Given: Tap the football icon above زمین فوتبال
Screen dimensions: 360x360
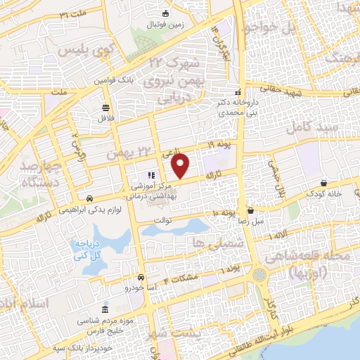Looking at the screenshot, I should pyautogui.click(x=166, y=13).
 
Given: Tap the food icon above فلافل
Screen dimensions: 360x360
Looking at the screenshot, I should pyautogui.click(x=105, y=108).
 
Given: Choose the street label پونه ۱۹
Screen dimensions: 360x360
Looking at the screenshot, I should pyautogui.click(x=219, y=145).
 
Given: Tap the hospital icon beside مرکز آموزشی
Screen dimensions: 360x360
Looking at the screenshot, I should pyautogui.click(x=150, y=175).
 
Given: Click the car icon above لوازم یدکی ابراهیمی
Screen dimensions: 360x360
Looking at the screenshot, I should pyautogui.click(x=89, y=198).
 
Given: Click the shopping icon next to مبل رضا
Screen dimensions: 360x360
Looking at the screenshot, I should pyautogui.click(x=251, y=210).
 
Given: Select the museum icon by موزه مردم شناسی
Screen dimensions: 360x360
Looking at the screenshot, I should pyautogui.click(x=105, y=310).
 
